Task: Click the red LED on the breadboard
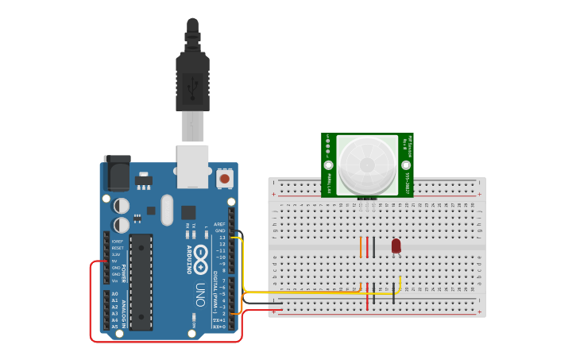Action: coord(396,246)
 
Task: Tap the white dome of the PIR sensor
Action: coord(367,164)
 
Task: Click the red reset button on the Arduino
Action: coord(225,179)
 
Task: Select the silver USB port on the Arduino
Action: coord(193,165)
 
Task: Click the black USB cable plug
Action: coord(192,79)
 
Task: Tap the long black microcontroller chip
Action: coord(141,281)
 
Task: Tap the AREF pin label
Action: coord(219,224)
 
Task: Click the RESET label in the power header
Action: coord(117,247)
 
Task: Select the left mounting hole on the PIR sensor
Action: coord(328,165)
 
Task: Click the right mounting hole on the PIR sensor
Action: coord(406,165)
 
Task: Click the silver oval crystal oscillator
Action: coord(166,210)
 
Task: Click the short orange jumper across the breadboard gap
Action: coord(361,246)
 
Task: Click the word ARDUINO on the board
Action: coord(190,259)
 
